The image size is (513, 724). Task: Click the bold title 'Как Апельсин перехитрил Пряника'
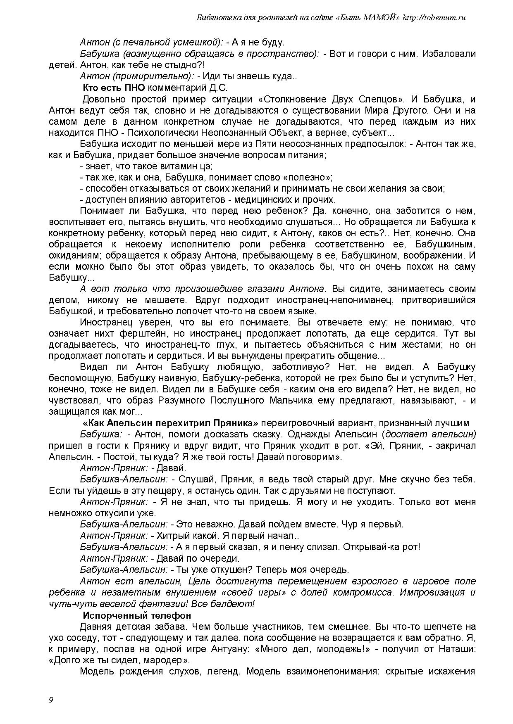[x=170, y=423]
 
